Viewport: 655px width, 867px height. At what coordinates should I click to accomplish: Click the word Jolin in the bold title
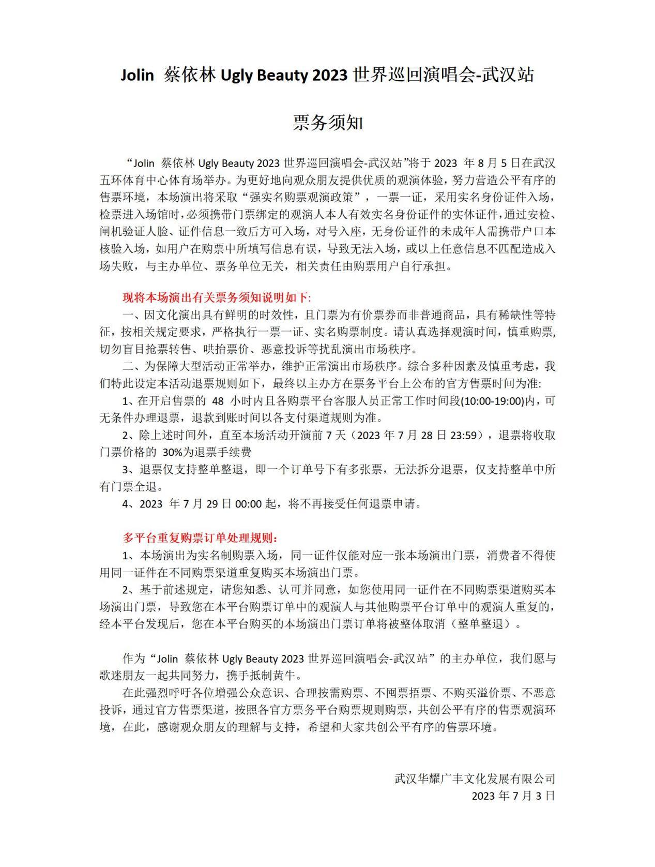pos(137,76)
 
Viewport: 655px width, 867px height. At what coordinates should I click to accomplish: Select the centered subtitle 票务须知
pos(328,123)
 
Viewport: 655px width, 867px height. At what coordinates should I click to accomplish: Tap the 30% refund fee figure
pos(173,452)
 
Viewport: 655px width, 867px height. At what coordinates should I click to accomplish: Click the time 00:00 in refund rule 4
pos(248,504)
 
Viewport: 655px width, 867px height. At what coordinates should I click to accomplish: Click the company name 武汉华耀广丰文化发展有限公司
pos(474,779)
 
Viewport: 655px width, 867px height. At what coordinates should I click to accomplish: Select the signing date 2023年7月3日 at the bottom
pos(513,796)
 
